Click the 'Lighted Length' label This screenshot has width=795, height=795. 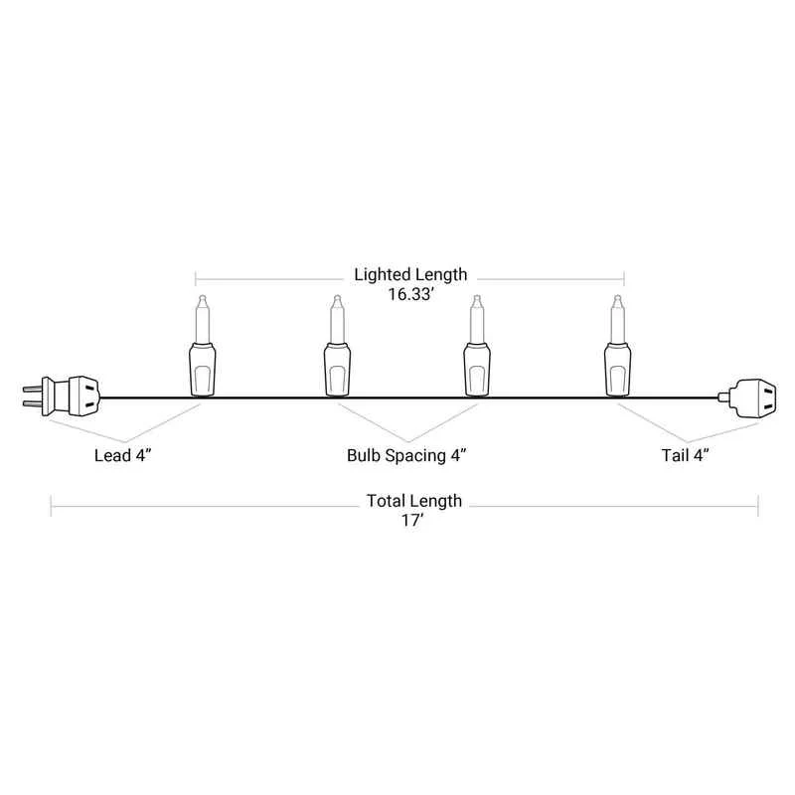(x=410, y=274)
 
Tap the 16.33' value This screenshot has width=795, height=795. (x=410, y=294)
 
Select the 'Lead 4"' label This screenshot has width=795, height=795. (x=123, y=455)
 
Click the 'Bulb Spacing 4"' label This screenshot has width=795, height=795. (x=406, y=455)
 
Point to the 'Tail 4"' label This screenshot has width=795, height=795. (x=685, y=455)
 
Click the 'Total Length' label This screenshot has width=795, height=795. (x=414, y=501)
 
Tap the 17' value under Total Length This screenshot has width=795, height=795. (x=412, y=520)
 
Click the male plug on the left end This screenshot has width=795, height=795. (x=62, y=397)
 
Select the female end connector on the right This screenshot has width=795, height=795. (x=747, y=398)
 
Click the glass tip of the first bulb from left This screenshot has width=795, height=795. (x=203, y=319)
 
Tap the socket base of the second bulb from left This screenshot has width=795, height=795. (x=337, y=369)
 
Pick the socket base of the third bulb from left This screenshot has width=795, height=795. (x=477, y=369)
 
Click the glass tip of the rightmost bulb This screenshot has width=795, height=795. (x=617, y=319)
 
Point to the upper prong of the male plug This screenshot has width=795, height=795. (x=32, y=390)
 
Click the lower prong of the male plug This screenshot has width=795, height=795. (x=32, y=404)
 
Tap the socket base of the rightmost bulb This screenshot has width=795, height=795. (x=617, y=369)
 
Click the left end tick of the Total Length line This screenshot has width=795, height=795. (x=52, y=506)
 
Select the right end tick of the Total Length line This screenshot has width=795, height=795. (x=758, y=506)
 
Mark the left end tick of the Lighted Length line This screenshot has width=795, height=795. (x=196, y=279)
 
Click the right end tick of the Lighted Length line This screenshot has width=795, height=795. (x=624, y=279)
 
